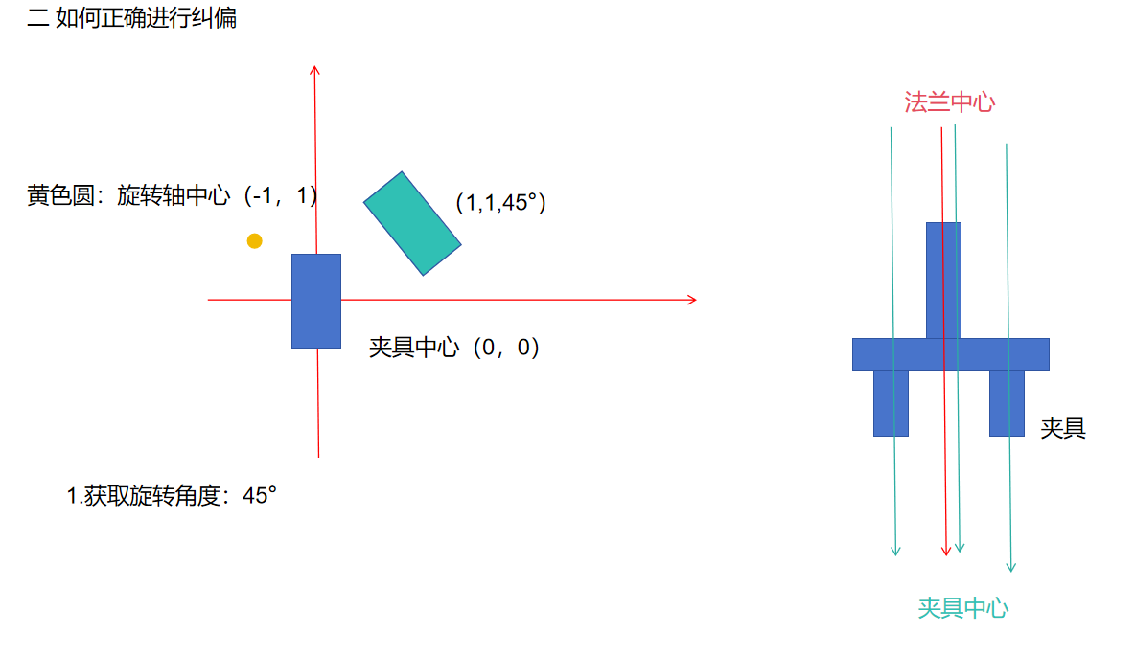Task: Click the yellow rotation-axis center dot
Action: pyautogui.click(x=254, y=240)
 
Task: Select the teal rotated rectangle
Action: pyautogui.click(x=412, y=223)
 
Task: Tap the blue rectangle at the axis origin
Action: pyautogui.click(x=316, y=301)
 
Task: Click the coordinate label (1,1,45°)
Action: pyautogui.click(x=500, y=202)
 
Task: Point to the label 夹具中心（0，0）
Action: pyautogui.click(x=454, y=347)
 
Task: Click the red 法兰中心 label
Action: pyautogui.click(x=949, y=102)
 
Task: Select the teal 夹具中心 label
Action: pyautogui.click(x=962, y=607)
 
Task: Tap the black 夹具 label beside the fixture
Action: pyautogui.click(x=1063, y=428)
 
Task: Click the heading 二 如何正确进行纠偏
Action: pyautogui.click(x=132, y=17)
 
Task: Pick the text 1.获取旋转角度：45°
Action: pyautogui.click(x=172, y=496)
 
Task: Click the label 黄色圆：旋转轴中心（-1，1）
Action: pyautogui.click(x=173, y=196)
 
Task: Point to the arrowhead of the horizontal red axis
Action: pyautogui.click(x=691, y=300)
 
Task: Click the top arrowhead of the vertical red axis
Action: pyautogui.click(x=315, y=69)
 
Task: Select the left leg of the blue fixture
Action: pyautogui.click(x=891, y=402)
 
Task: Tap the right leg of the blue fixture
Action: pyautogui.click(x=1007, y=402)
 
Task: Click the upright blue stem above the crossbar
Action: pyautogui.click(x=943, y=280)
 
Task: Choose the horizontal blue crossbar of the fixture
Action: pyautogui.click(x=950, y=353)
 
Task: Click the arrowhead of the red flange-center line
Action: pyautogui.click(x=946, y=550)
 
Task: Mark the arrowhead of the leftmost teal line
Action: pyautogui.click(x=896, y=550)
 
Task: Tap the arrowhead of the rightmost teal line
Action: pyautogui.click(x=1010, y=566)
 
